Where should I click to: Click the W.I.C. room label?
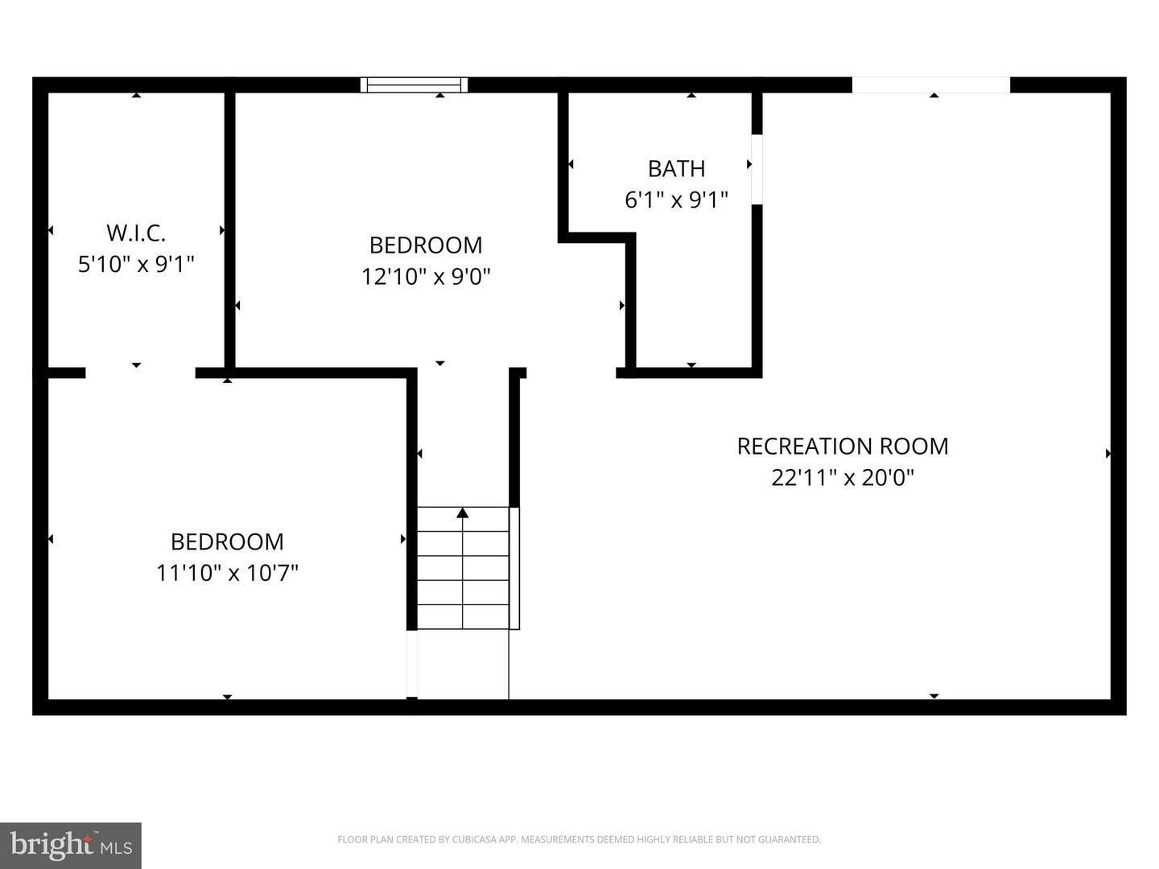(136, 233)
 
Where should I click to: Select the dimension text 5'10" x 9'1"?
(136, 264)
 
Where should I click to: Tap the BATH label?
(676, 169)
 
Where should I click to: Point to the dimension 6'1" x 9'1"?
(676, 200)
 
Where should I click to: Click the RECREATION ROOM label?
(843, 447)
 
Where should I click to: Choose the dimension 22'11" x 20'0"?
(843, 478)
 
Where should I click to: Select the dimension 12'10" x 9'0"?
(426, 277)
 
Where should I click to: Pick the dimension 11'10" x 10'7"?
(227, 573)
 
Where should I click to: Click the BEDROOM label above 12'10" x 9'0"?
(426, 245)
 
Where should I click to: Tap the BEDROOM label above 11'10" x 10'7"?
(227, 542)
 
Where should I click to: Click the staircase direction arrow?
(462, 513)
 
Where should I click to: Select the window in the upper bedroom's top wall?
(414, 84)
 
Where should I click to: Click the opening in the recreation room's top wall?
(930, 84)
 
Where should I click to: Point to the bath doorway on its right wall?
(757, 169)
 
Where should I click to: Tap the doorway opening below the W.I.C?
(140, 373)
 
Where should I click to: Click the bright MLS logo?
(71, 845)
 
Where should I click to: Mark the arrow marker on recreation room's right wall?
(1108, 454)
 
